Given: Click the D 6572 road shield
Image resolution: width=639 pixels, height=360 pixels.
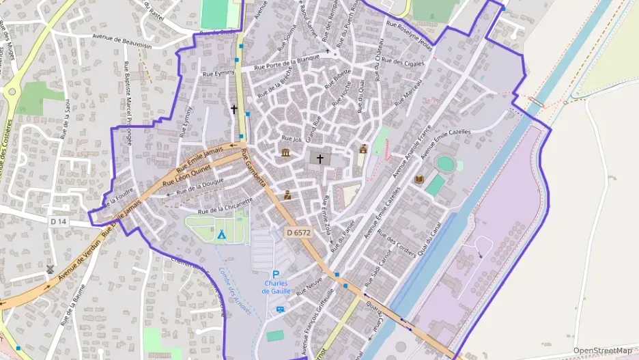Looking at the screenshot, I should click(x=298, y=233).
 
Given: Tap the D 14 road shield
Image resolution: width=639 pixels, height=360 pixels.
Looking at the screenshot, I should click(x=59, y=221).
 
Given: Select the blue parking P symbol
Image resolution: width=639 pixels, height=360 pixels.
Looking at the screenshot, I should click(x=276, y=275).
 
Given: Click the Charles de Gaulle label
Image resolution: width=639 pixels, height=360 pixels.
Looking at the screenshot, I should click(x=276, y=287).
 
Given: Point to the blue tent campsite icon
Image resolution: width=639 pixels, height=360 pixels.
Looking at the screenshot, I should click(x=221, y=234).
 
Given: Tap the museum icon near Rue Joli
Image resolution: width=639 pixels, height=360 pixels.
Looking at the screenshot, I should click(x=285, y=152).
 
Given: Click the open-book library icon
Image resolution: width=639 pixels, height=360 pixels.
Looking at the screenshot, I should click(x=419, y=180).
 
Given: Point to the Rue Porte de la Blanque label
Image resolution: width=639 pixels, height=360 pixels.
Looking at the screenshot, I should click(x=287, y=62).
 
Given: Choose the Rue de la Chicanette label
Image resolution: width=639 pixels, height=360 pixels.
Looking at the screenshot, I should click(x=226, y=206).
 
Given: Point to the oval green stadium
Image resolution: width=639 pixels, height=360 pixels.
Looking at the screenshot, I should click(x=445, y=164).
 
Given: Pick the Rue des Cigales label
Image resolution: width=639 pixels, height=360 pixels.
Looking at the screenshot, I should click(x=404, y=62).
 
